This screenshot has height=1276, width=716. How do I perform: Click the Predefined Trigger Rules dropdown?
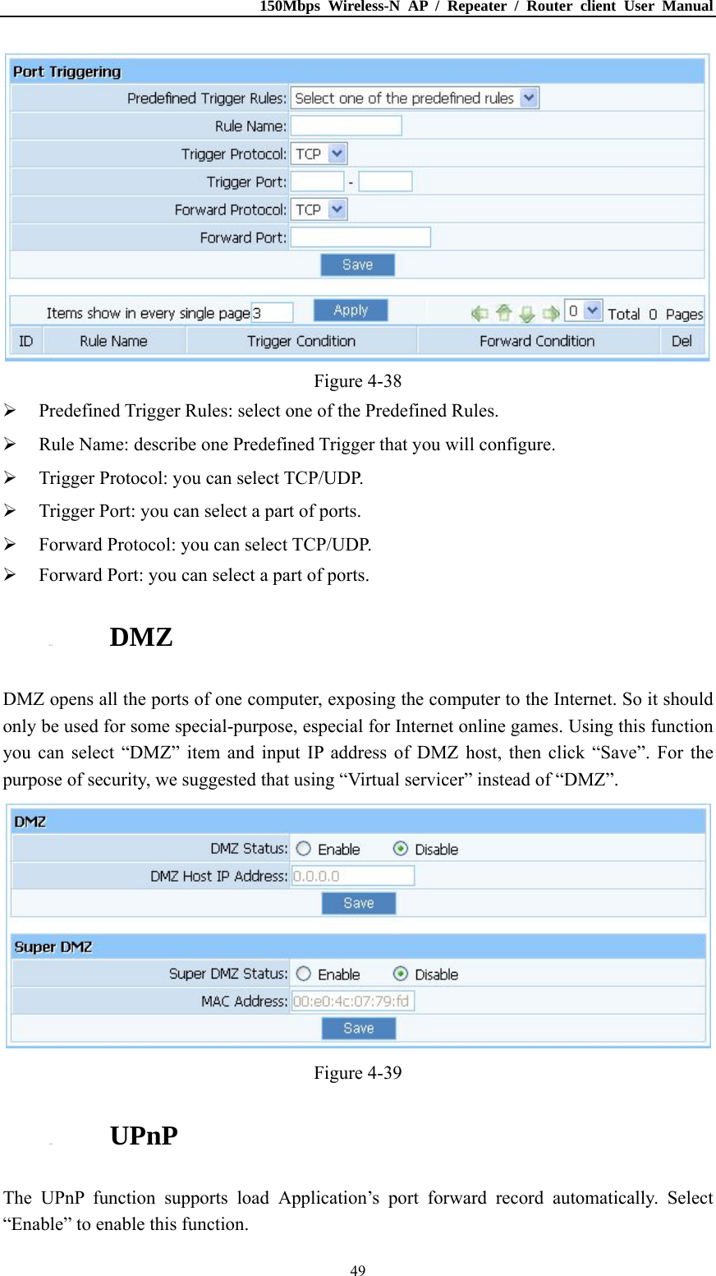[x=415, y=99]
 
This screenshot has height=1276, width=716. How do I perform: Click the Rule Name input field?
[x=346, y=126]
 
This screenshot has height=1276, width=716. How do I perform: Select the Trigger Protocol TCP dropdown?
[x=319, y=154]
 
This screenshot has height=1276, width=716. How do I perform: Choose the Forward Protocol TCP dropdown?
[x=319, y=210]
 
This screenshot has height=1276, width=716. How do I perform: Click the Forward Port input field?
[x=360, y=237]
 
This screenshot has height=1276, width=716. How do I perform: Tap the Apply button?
[x=351, y=311]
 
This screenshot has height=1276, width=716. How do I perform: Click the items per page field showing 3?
[x=272, y=313]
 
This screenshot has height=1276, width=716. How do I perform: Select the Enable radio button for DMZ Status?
[x=304, y=849]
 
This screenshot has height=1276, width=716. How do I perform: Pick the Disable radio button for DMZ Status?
[x=401, y=849]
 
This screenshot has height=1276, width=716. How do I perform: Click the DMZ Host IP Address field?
[x=353, y=876]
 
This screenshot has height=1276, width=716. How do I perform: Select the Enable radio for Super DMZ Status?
[x=304, y=974]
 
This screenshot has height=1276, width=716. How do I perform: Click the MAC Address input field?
[x=353, y=1001]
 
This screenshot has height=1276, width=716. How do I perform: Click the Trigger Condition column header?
[x=301, y=341]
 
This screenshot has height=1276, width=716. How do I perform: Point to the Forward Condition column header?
[x=537, y=341]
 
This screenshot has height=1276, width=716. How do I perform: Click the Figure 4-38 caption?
[x=358, y=381]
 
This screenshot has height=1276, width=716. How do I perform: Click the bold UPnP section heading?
[x=144, y=1136]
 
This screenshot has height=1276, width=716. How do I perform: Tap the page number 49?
[x=358, y=1270]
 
